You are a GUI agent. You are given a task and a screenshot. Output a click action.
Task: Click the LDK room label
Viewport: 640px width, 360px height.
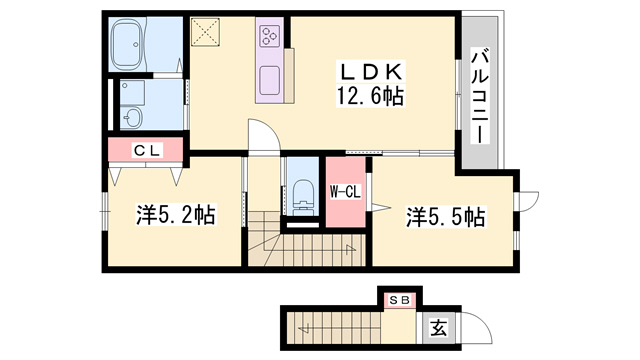point(372,73)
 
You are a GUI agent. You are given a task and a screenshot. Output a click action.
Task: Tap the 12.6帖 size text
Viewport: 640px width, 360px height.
point(372,97)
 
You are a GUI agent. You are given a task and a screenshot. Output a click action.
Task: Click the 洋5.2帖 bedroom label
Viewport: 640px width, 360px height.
point(176,215)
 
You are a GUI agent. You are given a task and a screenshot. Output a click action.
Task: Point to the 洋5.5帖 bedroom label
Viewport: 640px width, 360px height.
point(444,215)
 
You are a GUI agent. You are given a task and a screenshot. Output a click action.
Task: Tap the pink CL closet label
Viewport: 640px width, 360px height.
point(146,150)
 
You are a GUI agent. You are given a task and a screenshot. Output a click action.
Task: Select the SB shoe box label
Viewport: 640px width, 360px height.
point(399,298)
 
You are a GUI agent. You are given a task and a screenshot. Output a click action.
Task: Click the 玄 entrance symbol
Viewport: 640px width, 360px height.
point(438,326)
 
